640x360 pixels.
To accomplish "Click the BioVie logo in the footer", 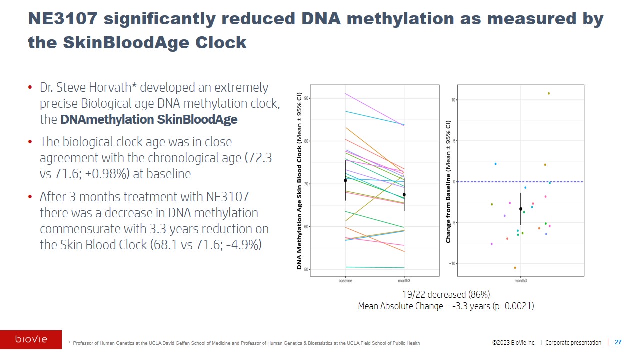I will click(31, 340).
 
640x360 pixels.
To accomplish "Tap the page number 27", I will click(618, 342).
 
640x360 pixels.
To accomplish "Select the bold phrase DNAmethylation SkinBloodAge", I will click(148, 120).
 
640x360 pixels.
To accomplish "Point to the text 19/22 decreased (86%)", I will click(446, 294).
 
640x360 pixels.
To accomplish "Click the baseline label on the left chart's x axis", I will click(345, 281).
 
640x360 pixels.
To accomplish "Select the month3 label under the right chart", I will click(521, 281).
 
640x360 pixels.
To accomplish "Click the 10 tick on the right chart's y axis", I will click(454, 100).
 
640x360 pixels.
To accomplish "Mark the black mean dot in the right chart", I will click(521, 209).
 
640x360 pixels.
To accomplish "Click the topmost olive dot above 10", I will click(548, 93).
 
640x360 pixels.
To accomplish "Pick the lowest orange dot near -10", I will click(515, 268).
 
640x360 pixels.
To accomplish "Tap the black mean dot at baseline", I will click(345, 180).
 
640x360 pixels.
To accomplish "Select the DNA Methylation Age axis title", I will click(300, 181).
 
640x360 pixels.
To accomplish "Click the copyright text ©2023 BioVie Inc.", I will click(513, 343).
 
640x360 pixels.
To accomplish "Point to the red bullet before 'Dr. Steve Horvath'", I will click(30, 88).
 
